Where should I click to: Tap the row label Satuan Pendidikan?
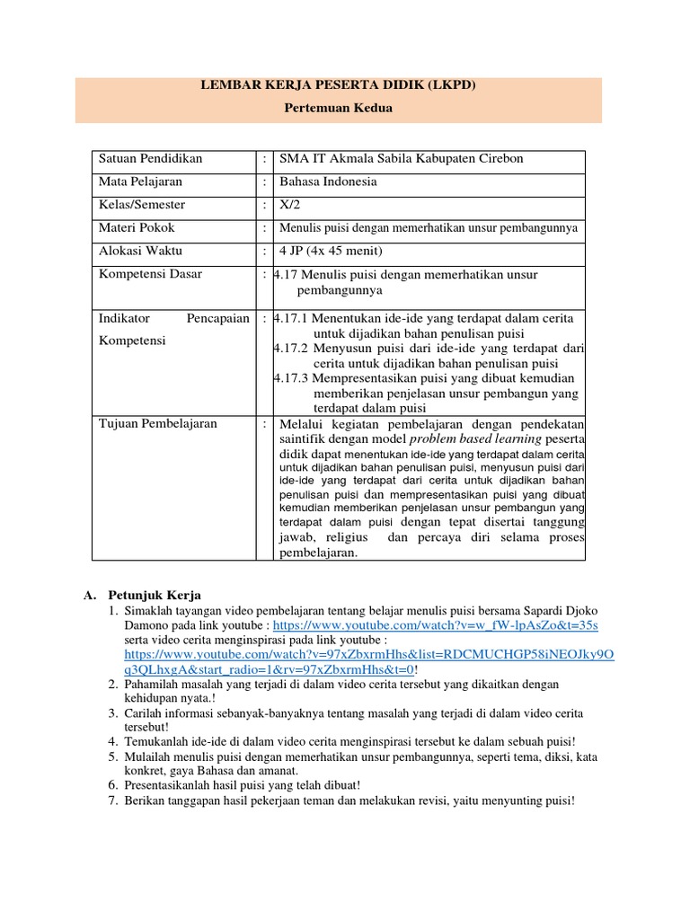[x=150, y=159]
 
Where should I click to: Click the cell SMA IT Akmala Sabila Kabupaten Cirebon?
[x=402, y=159]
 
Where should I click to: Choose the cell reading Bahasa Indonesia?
[x=328, y=181]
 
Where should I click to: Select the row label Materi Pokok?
[x=137, y=228]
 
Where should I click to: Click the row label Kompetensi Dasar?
[x=150, y=274]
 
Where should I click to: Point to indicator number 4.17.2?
[x=291, y=348]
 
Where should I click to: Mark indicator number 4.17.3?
[x=291, y=378]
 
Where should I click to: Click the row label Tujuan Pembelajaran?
[x=157, y=423]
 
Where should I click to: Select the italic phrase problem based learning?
[x=475, y=438]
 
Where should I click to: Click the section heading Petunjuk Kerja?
[x=155, y=595]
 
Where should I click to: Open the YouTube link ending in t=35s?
[x=435, y=624]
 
